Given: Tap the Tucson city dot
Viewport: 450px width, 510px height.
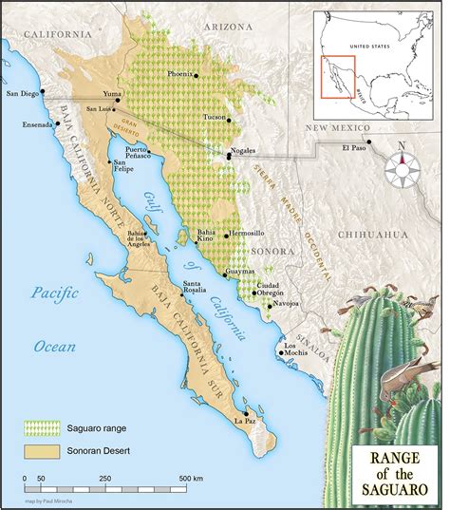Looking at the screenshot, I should click(x=226, y=120).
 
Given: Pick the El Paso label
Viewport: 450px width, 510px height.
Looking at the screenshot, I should click(x=353, y=148).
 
